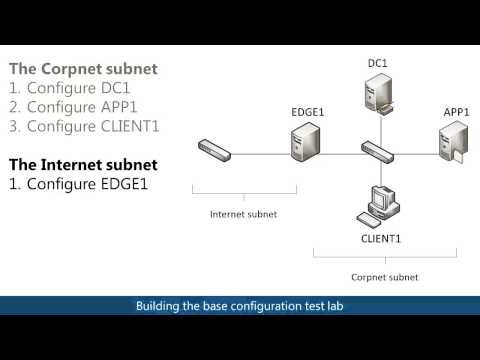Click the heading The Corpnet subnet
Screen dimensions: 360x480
pyautogui.click(x=83, y=70)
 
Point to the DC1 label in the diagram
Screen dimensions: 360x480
pyautogui.click(x=377, y=63)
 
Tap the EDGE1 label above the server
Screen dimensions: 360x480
pyautogui.click(x=307, y=110)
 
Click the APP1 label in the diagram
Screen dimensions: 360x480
pyautogui.click(x=456, y=112)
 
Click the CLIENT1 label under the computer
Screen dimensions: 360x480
pyautogui.click(x=381, y=239)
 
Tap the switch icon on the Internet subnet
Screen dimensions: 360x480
pyautogui.click(x=214, y=152)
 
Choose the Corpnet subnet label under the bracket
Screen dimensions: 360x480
pyautogui.click(x=385, y=275)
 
